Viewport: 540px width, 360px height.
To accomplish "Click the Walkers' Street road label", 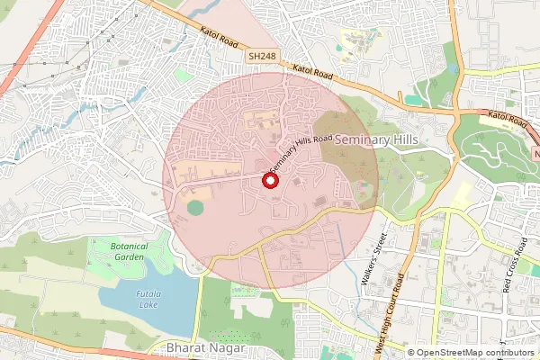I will [373, 261].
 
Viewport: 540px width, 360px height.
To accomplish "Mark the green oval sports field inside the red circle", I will [195, 208].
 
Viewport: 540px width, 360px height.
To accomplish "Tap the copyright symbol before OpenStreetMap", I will [410, 353].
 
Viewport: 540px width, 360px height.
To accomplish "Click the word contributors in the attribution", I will [509, 353].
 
